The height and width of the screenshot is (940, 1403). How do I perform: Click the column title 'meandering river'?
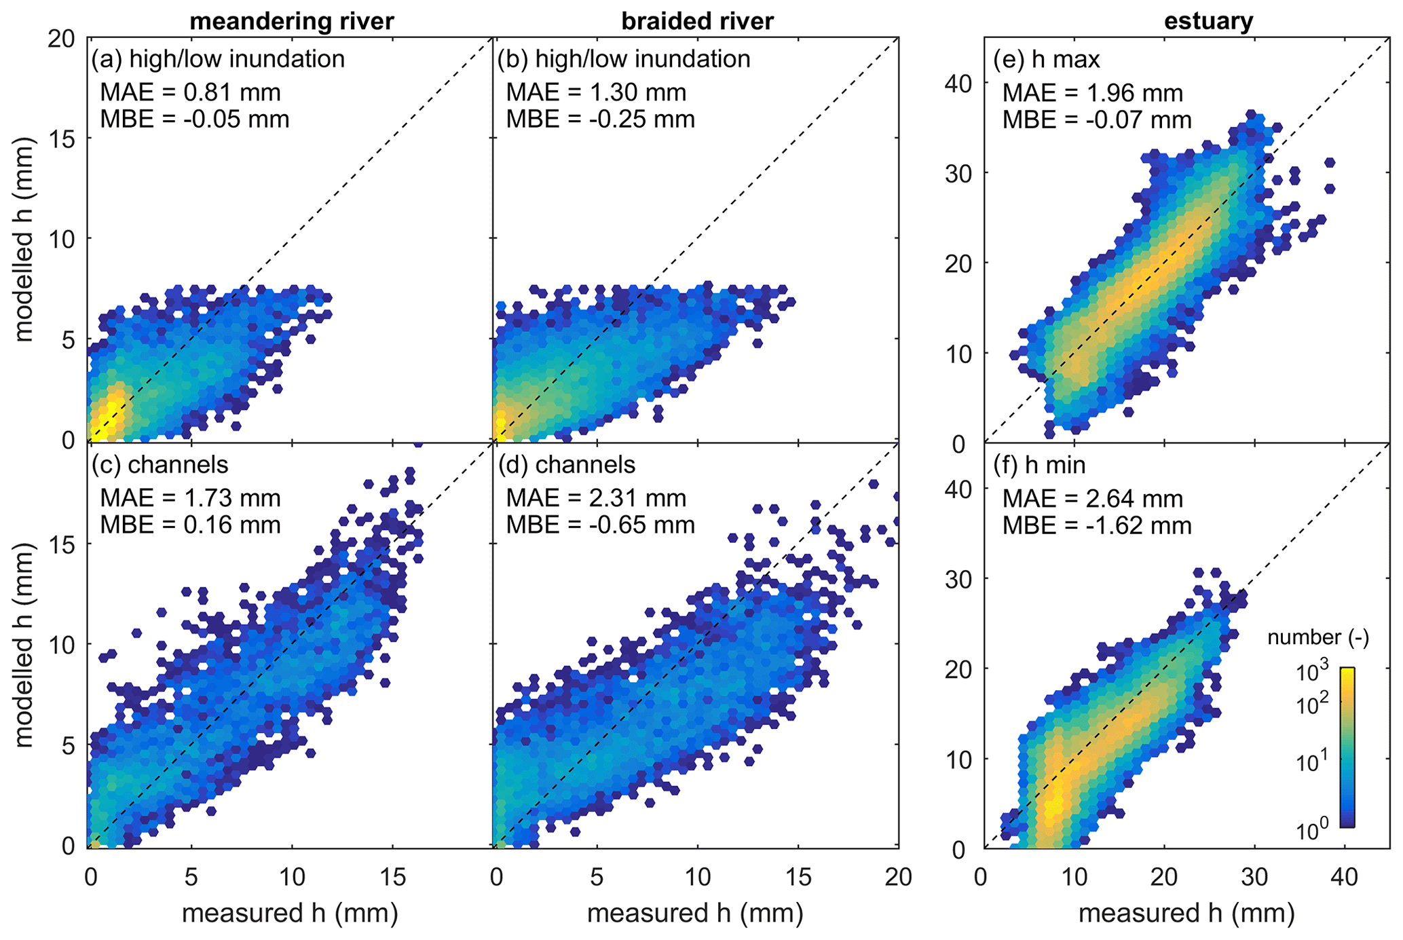291,22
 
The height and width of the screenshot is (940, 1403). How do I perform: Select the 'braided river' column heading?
697,22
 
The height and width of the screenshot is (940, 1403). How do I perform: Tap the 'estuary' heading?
1208,22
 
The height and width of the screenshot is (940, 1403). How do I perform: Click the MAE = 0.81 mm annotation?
190,92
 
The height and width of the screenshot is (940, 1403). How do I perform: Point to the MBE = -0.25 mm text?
600,119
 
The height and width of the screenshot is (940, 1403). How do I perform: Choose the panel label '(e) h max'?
1046,60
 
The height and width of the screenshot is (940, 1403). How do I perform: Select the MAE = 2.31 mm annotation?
596,499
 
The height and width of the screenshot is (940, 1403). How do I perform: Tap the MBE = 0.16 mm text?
190,525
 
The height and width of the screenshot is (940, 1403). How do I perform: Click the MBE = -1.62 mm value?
1097,526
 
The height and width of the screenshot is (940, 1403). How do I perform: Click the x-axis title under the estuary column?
1186,914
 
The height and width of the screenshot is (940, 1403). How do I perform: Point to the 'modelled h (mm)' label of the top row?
24,239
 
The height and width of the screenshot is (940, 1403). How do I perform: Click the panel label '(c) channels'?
160,465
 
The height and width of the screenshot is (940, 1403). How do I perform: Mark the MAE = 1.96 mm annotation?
1093,93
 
